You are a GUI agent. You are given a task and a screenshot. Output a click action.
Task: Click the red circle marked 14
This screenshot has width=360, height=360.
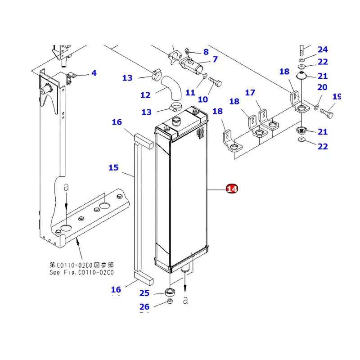click(x=232, y=189)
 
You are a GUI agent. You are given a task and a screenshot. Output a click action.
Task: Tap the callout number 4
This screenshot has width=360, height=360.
click(x=94, y=72)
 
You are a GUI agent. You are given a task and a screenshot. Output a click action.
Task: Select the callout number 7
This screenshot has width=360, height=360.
click(x=215, y=59)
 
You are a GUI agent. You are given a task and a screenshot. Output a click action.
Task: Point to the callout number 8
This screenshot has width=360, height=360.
click(x=206, y=52)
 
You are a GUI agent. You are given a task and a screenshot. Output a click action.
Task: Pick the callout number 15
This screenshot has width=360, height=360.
click(x=113, y=167)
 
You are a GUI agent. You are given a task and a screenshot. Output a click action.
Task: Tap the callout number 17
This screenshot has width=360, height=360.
click(x=250, y=93)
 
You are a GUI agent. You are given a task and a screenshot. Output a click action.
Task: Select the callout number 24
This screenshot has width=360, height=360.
click(x=323, y=49)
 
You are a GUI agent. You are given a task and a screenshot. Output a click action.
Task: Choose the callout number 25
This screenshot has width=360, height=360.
click(x=144, y=293)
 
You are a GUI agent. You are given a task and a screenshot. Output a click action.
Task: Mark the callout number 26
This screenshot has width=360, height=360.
click(x=144, y=307)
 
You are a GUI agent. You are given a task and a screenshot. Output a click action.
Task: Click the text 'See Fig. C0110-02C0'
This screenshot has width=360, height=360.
click(x=81, y=273)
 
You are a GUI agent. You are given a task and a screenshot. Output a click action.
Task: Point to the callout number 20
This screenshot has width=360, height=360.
click(x=323, y=87)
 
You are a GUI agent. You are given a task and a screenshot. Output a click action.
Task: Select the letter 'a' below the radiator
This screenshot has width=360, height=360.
click(x=185, y=300)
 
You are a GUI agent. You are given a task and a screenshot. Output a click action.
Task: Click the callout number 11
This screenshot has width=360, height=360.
click(x=190, y=93)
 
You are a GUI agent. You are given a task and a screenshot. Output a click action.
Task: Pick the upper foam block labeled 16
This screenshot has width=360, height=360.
click(x=143, y=139)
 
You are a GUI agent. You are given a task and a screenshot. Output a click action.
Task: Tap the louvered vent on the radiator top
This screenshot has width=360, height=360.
click(x=201, y=131)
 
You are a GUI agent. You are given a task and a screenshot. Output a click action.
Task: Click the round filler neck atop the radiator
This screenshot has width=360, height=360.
click(x=176, y=121)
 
